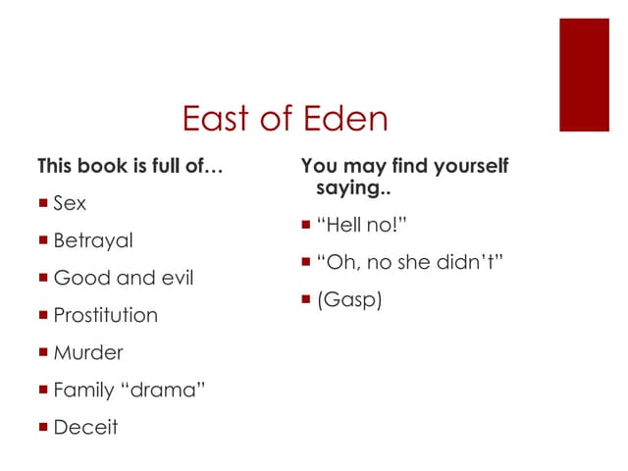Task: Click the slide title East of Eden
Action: pos(286,119)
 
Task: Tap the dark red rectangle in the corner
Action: pos(584,75)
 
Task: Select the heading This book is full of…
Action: pos(131,166)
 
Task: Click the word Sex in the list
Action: pos(70,203)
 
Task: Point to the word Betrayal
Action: pos(93,240)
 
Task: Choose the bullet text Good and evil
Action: pos(124,278)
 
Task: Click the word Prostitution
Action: pos(105,315)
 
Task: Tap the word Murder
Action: pos(88,352)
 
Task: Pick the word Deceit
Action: pos(85,427)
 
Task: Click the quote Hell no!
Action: pos(361,226)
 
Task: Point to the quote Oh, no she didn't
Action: pos(410,263)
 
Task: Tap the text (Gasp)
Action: pos(348,300)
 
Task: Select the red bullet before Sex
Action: pos(44,203)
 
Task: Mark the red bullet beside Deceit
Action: pos(44,427)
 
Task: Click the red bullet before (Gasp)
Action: pos(307,300)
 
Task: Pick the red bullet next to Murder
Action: pos(44,352)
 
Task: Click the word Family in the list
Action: pos(83,390)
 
